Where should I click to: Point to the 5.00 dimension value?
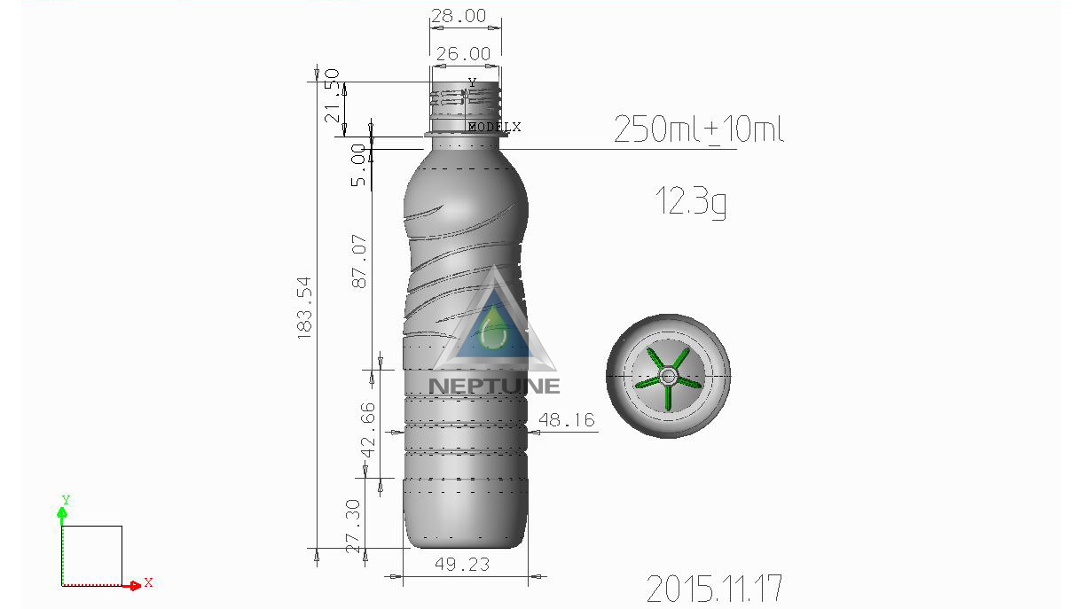coord(358,165)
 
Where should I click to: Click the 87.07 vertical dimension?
coord(360,261)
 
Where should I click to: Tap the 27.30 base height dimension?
coord(352,525)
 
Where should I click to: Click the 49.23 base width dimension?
coord(462,564)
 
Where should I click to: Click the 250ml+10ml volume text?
coord(699,130)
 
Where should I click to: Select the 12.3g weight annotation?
coord(691,201)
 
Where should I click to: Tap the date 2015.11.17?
coord(714,589)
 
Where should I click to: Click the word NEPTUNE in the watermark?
coord(494,386)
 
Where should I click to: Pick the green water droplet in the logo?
coord(494,332)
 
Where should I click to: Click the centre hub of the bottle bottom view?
coord(669,376)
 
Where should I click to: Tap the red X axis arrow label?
coord(148,582)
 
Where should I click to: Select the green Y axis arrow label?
coord(66,501)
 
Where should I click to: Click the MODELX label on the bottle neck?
coord(495,128)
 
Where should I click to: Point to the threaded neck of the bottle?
coord(465,105)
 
